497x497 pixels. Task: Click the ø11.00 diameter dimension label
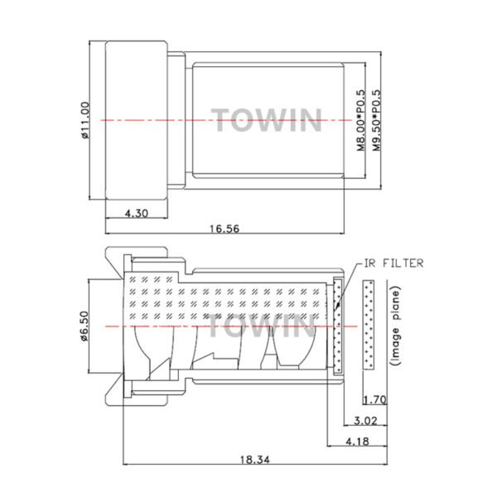pyautogui.click(x=85, y=121)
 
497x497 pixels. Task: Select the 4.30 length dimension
pyautogui.click(x=137, y=214)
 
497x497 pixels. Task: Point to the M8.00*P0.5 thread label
pyautogui.click(x=361, y=121)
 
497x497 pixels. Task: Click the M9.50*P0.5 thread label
pyautogui.click(x=378, y=121)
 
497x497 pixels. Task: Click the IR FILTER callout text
pyautogui.click(x=393, y=263)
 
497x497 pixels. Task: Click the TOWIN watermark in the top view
pyautogui.click(x=265, y=120)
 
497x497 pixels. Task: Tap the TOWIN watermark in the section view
pyautogui.click(x=261, y=326)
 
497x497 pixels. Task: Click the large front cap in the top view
pyautogui.click(x=137, y=121)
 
